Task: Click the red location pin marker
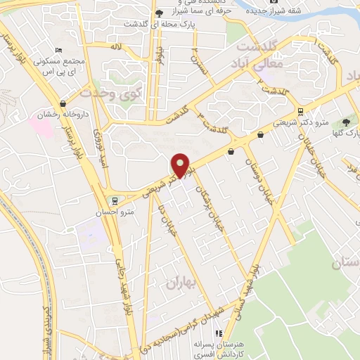[181, 165]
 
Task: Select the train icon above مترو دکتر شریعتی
[301, 112]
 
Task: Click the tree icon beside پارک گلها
[346, 122]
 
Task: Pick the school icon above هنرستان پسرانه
[219, 333]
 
